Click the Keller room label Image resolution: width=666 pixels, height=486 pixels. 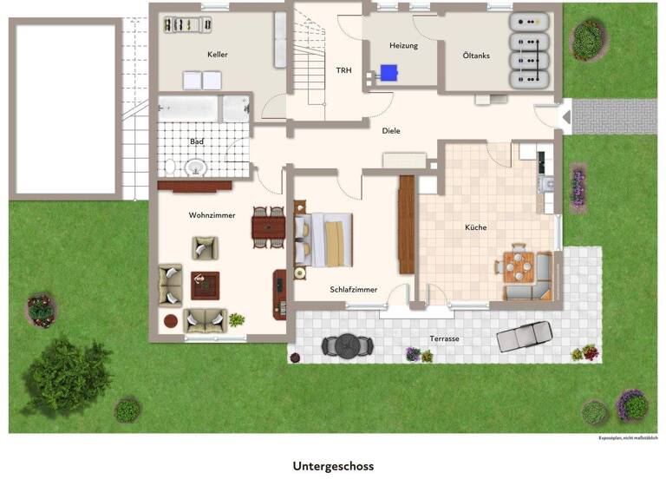(218, 55)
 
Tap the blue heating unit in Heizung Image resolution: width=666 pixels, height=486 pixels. (388, 73)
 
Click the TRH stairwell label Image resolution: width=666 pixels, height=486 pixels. (344, 71)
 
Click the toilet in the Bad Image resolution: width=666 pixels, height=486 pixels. (171, 164)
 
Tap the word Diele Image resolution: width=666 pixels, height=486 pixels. (392, 131)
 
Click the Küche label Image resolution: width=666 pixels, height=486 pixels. (476, 227)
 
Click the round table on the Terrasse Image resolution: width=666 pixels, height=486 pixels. (347, 345)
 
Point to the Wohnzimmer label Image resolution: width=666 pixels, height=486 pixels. (212, 214)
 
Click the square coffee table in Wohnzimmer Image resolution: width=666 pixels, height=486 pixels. (206, 284)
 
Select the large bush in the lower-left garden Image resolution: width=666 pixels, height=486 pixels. (66, 376)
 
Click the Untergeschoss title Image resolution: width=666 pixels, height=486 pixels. (333, 466)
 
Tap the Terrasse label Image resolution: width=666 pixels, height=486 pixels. (445, 338)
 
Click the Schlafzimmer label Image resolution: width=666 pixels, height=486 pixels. (354, 289)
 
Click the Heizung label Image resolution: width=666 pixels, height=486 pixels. (404, 45)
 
